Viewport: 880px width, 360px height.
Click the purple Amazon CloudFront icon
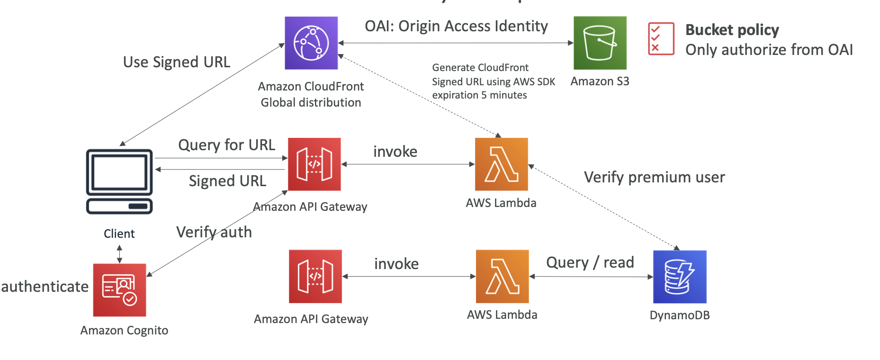click(x=311, y=43)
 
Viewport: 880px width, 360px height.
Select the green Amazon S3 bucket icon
click(x=600, y=43)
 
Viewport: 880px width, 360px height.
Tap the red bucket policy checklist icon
click(x=661, y=39)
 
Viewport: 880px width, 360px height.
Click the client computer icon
click(x=119, y=181)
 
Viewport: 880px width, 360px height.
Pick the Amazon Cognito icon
click(x=119, y=290)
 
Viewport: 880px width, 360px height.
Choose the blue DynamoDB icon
click(x=680, y=277)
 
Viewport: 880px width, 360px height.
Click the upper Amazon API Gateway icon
click(x=314, y=164)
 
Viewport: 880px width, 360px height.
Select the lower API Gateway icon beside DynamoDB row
click(x=315, y=277)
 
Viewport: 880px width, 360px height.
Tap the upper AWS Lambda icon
click(x=501, y=164)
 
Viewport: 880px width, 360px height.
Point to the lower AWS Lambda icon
click(x=502, y=277)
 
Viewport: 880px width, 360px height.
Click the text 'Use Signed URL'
click(x=176, y=62)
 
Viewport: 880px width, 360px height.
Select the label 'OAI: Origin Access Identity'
click(x=456, y=26)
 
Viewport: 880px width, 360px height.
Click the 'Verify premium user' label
click(x=654, y=177)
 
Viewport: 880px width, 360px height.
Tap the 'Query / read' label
click(x=590, y=262)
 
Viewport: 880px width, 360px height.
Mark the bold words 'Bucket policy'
click(x=732, y=30)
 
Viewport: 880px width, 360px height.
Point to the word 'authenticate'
click(x=45, y=287)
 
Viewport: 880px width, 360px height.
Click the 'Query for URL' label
click(x=226, y=145)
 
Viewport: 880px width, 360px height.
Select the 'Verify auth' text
click(x=214, y=232)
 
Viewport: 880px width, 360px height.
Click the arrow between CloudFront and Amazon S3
click(x=456, y=43)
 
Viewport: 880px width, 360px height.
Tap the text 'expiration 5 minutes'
click(x=479, y=95)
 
